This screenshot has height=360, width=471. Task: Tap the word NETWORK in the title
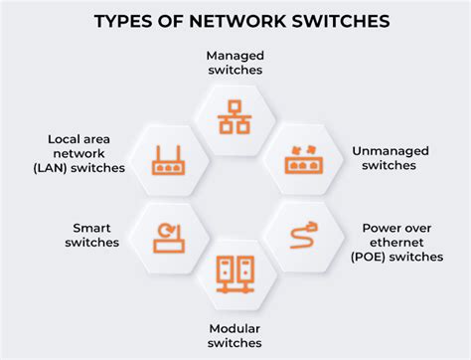click(x=237, y=22)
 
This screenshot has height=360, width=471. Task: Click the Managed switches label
click(x=235, y=63)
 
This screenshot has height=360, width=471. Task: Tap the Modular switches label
click(x=235, y=335)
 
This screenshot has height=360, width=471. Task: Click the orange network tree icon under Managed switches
click(x=235, y=117)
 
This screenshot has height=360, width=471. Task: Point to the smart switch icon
click(x=166, y=236)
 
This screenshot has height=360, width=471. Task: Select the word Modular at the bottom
click(x=235, y=327)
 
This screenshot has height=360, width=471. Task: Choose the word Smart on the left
click(x=91, y=226)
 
